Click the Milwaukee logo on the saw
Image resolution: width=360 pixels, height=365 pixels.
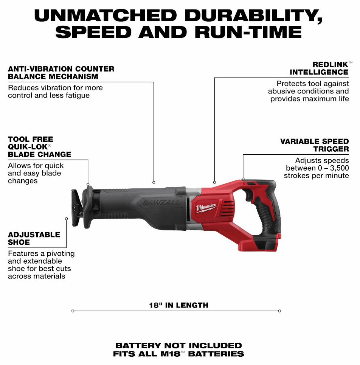[206, 207]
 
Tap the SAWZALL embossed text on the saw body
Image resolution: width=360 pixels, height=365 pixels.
[161, 203]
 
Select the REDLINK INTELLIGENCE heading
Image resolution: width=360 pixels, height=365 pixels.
[319, 68]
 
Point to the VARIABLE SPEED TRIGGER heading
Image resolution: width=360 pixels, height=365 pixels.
[314, 145]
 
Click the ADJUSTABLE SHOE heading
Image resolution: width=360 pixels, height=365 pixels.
[34, 238]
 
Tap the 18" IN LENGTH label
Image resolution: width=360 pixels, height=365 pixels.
[179, 305]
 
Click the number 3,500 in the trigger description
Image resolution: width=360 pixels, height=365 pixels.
[339, 168]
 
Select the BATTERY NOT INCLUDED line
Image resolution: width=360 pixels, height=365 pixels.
[179, 345]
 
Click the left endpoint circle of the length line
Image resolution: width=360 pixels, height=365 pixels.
[73, 311]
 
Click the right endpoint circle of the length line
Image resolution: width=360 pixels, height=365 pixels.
[279, 311]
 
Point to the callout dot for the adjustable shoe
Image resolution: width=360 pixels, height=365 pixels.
[66, 219]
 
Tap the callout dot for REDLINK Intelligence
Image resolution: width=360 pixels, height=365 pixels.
[214, 182]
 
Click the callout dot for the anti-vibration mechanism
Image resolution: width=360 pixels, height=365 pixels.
[154, 182]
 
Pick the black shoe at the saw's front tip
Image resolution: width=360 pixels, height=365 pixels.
[77, 208]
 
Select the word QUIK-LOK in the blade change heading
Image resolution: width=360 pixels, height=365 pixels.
[28, 147]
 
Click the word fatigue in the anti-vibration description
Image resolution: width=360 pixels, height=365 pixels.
[78, 95]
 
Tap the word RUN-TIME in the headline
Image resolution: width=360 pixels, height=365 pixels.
[248, 32]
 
